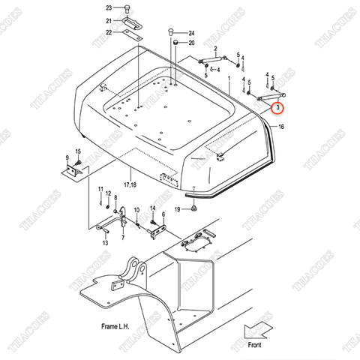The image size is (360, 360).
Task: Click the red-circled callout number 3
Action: coord(278,109)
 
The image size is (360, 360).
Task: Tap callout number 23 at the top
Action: coord(108,7)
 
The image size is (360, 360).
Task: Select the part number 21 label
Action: coord(108,20)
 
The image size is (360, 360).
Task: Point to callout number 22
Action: coord(108,32)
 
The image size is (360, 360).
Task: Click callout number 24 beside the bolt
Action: coord(191,34)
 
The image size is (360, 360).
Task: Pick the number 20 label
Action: coord(191,43)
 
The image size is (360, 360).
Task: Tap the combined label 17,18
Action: coord(130,184)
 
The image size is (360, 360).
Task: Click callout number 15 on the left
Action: coord(77,153)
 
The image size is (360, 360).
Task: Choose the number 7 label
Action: coord(122,236)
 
